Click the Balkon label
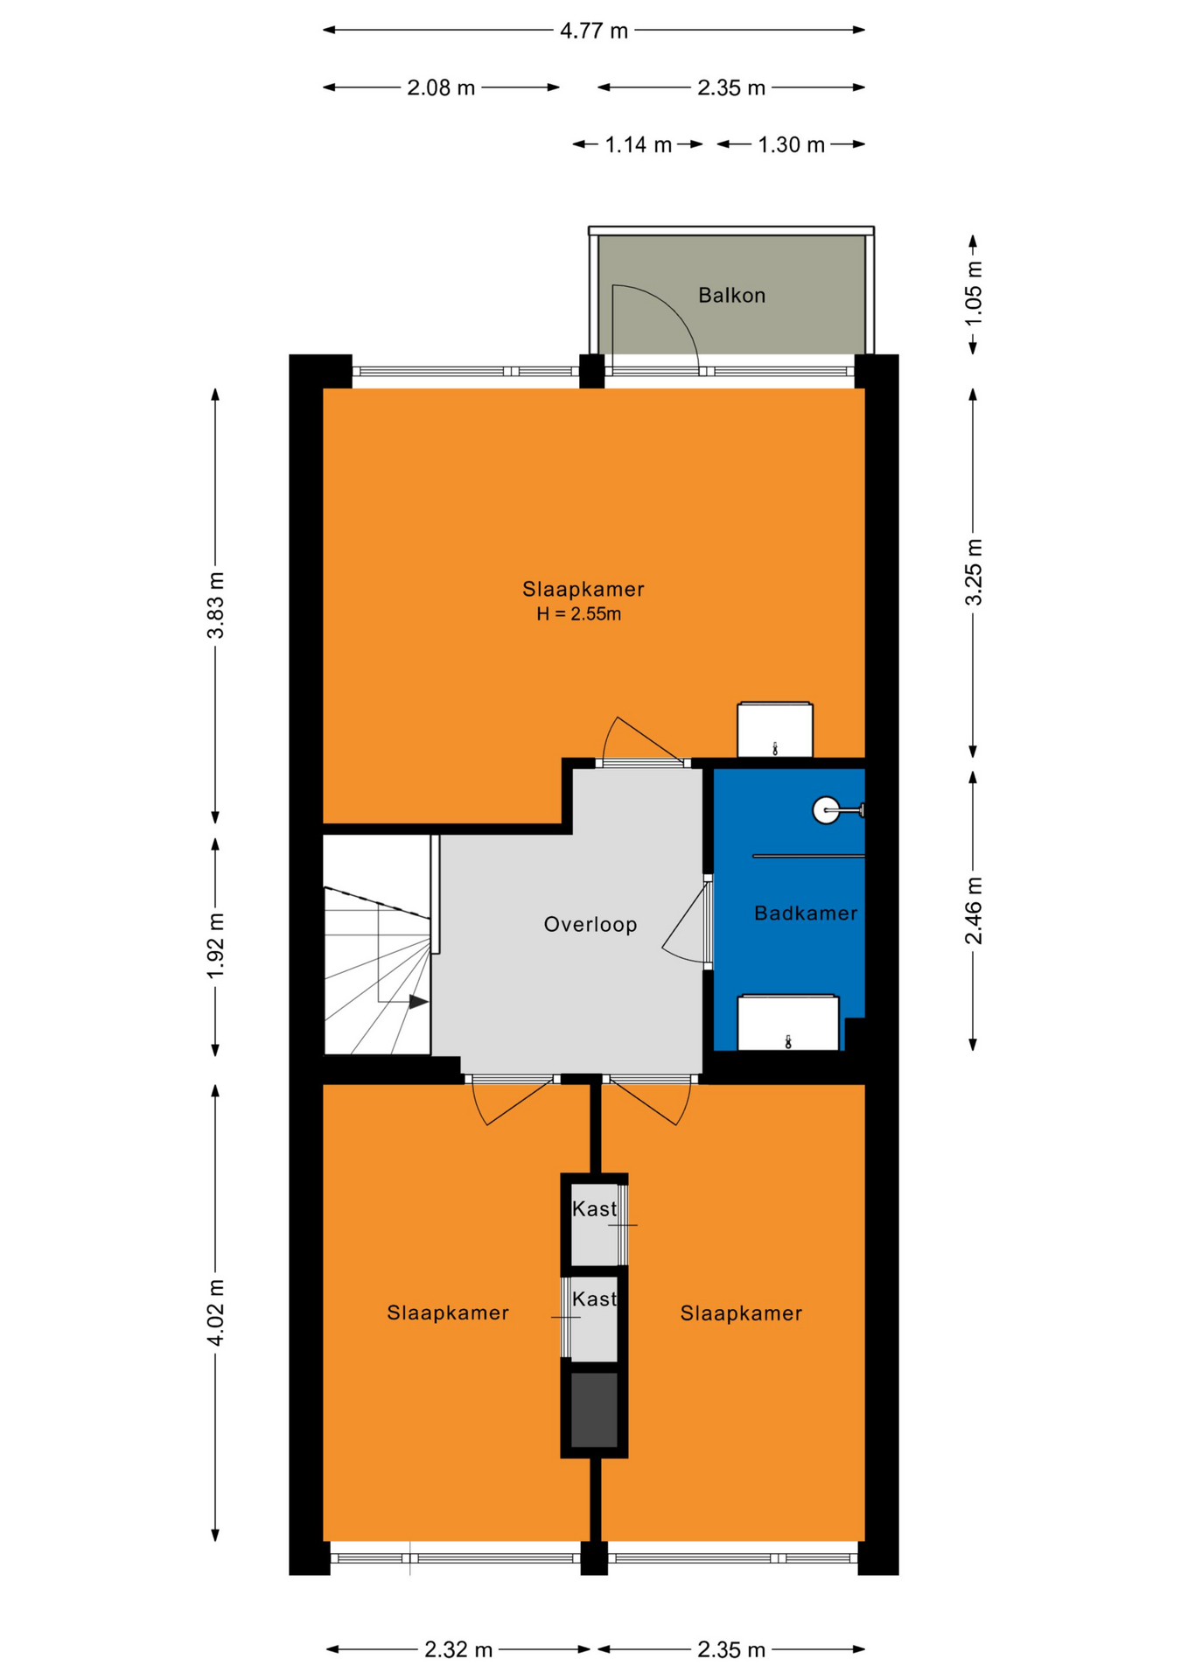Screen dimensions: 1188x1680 731,296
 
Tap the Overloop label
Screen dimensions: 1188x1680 591,925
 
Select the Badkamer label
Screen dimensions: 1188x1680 806,913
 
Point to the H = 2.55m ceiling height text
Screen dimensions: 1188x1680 579,614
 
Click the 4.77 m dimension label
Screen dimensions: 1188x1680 594,31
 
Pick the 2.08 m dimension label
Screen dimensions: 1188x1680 441,87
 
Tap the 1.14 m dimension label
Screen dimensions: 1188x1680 639,144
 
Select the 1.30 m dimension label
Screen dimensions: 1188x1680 792,144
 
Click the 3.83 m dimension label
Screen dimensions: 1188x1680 215,605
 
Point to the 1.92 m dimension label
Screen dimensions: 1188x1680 215,947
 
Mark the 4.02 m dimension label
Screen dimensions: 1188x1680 215,1312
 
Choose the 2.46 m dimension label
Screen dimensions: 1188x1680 973,911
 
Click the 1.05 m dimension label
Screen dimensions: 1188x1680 973,293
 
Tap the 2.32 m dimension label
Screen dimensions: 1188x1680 458,1649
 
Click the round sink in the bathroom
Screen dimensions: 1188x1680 826,811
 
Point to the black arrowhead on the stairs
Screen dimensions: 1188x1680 419,1002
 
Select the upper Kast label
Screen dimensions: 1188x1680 594,1209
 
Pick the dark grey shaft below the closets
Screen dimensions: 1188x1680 594,1410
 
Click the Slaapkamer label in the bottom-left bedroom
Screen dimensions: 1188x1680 448,1312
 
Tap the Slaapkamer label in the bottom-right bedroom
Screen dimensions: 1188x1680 741,1313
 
